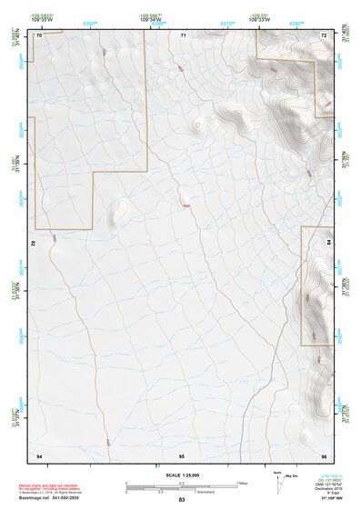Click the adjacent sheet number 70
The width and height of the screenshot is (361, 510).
pyautogui.click(x=39, y=35)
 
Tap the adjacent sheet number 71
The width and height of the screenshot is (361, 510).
pyautogui.click(x=183, y=35)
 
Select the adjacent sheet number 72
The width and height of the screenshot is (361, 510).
pyautogui.click(x=324, y=35)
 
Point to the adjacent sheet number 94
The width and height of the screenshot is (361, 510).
pyautogui.click(x=39, y=453)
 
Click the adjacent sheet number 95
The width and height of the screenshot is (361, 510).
pyautogui.click(x=182, y=453)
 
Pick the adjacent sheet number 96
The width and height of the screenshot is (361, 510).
pyautogui.click(x=324, y=453)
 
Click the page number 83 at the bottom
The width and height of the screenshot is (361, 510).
pyautogui.click(x=182, y=500)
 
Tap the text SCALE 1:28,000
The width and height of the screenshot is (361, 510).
pyautogui.click(x=182, y=475)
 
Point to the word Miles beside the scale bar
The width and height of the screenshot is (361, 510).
pyautogui.click(x=241, y=483)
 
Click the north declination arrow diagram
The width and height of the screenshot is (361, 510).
pyautogui.click(x=277, y=481)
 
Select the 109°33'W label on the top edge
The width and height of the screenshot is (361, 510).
pyautogui.click(x=260, y=18)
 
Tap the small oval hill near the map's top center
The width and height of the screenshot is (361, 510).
pyautogui.click(x=197, y=125)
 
